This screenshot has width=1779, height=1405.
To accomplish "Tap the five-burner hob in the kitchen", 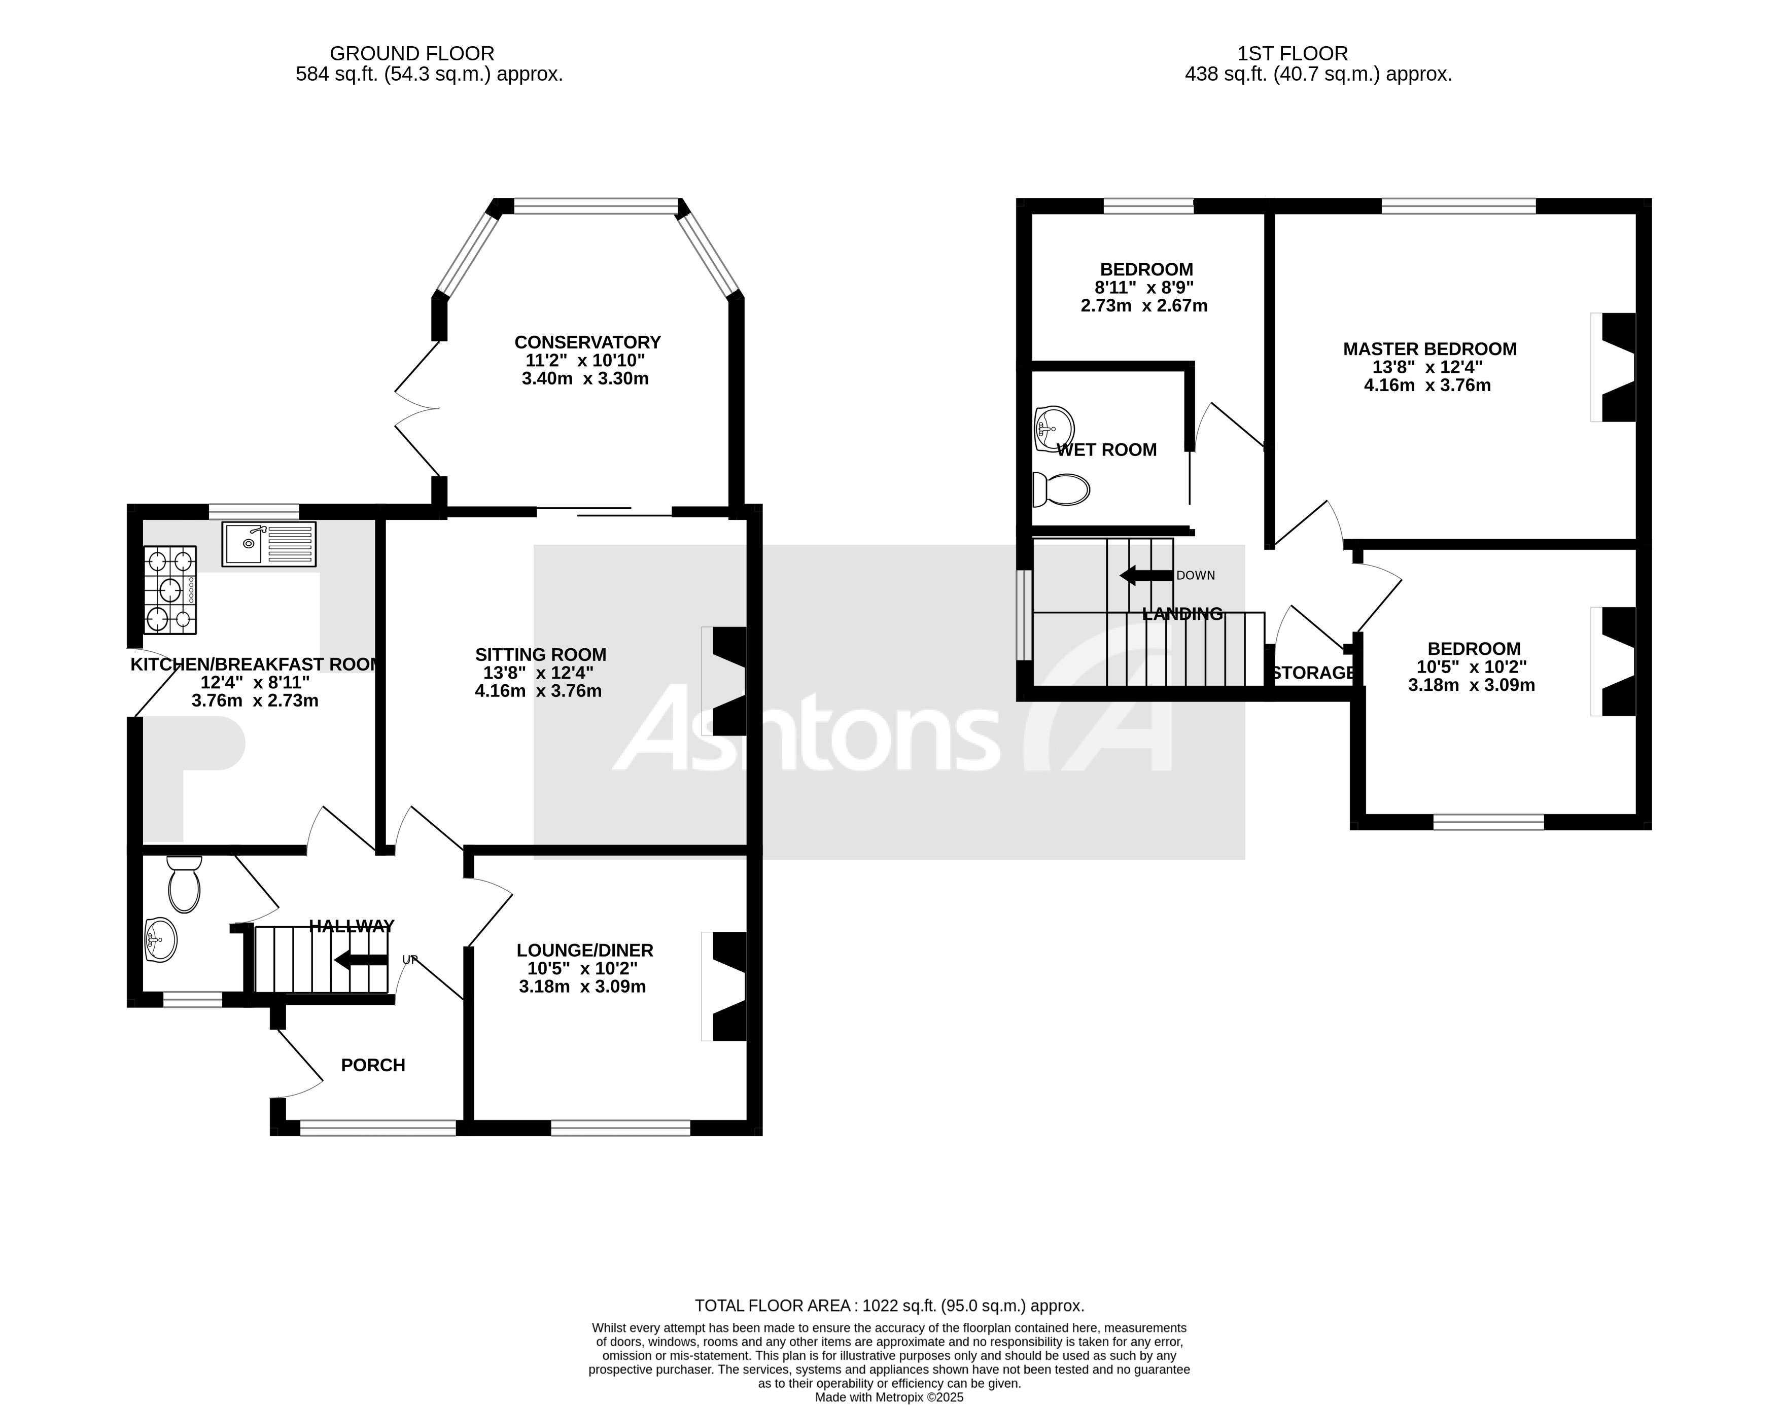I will tap(170, 590).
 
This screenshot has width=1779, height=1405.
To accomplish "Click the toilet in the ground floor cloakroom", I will tap(184, 884).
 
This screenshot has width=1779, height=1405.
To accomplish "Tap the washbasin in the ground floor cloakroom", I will tap(160, 939).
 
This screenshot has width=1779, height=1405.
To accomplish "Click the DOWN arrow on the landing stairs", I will tap(1146, 575).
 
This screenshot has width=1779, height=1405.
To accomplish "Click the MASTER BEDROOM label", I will tap(1429, 349).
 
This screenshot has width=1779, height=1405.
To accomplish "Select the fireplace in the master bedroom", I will tap(1615, 367).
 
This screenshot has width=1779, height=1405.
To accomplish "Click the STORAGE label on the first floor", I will tap(1313, 673).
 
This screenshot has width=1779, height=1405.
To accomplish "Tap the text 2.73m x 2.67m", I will tap(1143, 306).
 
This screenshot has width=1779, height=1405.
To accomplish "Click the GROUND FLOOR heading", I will tap(411, 53).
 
